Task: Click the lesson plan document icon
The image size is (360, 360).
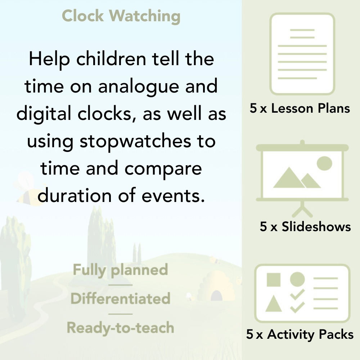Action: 302,54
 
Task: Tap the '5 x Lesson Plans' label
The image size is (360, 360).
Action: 300,108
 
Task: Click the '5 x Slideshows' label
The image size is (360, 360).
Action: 305,226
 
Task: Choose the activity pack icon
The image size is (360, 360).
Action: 302,293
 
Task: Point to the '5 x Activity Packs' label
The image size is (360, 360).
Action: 300,335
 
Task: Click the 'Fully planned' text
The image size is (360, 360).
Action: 120,270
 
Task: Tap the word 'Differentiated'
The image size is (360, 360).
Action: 120,299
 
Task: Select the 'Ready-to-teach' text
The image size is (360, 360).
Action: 120,328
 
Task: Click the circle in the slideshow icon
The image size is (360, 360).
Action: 324,163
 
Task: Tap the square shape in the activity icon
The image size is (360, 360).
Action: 274,280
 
